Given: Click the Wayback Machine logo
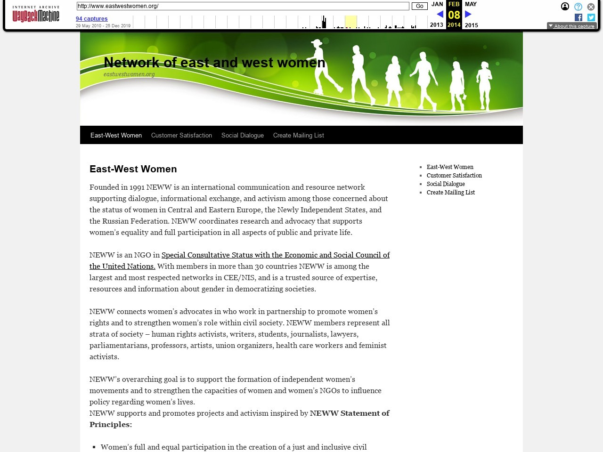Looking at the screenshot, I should (x=36, y=15).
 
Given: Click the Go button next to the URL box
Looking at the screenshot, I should (x=419, y=6).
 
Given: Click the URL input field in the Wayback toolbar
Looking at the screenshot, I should (x=243, y=6).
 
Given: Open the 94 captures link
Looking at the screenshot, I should (x=91, y=19).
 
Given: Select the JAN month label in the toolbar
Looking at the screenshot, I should (x=437, y=4).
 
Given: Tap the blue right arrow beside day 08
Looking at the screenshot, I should (x=468, y=15).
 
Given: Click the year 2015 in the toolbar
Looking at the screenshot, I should (x=471, y=25).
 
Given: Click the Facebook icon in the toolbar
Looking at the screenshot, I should (x=579, y=17).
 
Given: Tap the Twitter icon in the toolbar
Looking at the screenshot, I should (x=591, y=17).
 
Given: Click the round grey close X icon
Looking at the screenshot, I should (x=591, y=7).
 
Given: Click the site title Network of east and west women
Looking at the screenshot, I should (x=214, y=63).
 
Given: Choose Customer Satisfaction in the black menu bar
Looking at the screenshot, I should (x=181, y=136).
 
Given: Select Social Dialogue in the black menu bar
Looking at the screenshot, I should (x=243, y=136).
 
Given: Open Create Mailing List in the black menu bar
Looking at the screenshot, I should (x=299, y=136).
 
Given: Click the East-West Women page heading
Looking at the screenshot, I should (x=133, y=169).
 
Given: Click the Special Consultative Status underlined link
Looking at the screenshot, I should (x=276, y=255).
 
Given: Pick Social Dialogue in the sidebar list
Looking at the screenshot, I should (x=446, y=184).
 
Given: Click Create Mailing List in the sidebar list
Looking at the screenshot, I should (x=451, y=193).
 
